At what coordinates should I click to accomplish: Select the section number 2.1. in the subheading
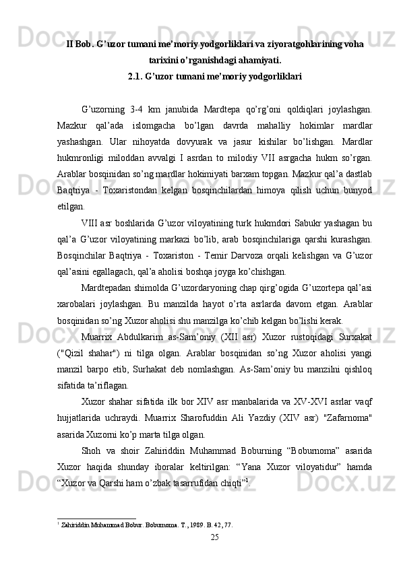pyautogui.click(x=136, y=75)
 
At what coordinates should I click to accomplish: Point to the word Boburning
pyautogui.click(x=276, y=465)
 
